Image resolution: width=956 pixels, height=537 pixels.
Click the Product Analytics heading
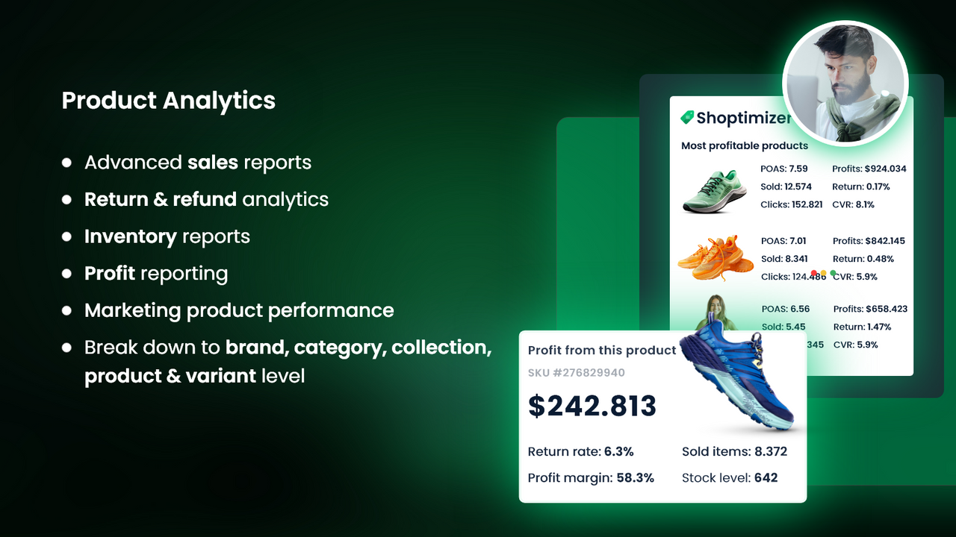pyautogui.click(x=168, y=101)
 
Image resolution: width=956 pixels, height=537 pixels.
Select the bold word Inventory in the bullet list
pyautogui.click(x=130, y=236)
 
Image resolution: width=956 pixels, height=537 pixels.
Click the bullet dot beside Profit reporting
pyautogui.click(x=67, y=274)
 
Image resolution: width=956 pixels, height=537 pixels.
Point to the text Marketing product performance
pyautogui.click(x=239, y=310)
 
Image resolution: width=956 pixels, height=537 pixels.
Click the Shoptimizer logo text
pyautogui.click(x=743, y=118)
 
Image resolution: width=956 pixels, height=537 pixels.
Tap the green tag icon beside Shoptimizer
pyautogui.click(x=687, y=118)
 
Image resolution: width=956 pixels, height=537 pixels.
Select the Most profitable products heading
pyautogui.click(x=744, y=145)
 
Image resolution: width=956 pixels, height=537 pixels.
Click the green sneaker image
pyautogui.click(x=714, y=192)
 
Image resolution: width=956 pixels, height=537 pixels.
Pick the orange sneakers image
pyautogui.click(x=715, y=257)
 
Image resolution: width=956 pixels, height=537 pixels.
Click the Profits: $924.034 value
pyautogui.click(x=869, y=169)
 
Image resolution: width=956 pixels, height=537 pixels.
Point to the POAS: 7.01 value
pyautogui.click(x=784, y=241)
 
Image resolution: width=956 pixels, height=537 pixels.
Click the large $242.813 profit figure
pyautogui.click(x=592, y=406)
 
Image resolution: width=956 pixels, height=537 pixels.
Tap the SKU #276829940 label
pyautogui.click(x=577, y=373)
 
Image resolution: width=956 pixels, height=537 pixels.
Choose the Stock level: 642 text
pyautogui.click(x=730, y=477)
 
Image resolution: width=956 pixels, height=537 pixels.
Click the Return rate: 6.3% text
pyautogui.click(x=580, y=451)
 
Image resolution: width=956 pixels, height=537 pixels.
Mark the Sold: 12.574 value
pyautogui.click(x=786, y=186)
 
